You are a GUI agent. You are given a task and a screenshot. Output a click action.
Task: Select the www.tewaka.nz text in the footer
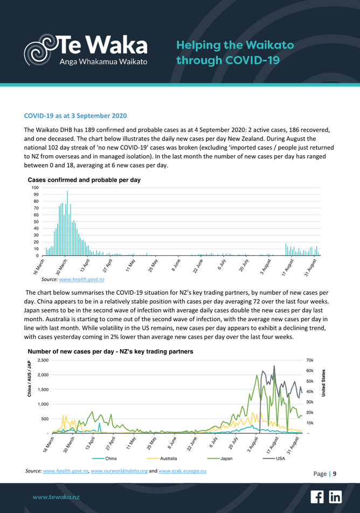[57, 496]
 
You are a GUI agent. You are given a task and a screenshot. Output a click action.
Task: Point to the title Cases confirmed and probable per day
[84, 179]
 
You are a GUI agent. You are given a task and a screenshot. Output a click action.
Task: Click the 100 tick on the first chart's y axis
[33, 188]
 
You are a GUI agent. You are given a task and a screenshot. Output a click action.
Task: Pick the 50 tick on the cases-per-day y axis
[35, 221]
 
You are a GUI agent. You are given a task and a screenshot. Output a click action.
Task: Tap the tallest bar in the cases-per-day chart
[67, 223]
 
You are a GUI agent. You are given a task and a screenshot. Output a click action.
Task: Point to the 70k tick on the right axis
[310, 360]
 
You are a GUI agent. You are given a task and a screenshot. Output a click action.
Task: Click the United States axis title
[323, 384]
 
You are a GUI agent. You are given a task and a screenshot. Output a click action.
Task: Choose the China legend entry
[110, 458]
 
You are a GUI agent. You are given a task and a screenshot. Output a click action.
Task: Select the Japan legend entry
[226, 458]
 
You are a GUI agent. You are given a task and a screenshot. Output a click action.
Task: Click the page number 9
[335, 474]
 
